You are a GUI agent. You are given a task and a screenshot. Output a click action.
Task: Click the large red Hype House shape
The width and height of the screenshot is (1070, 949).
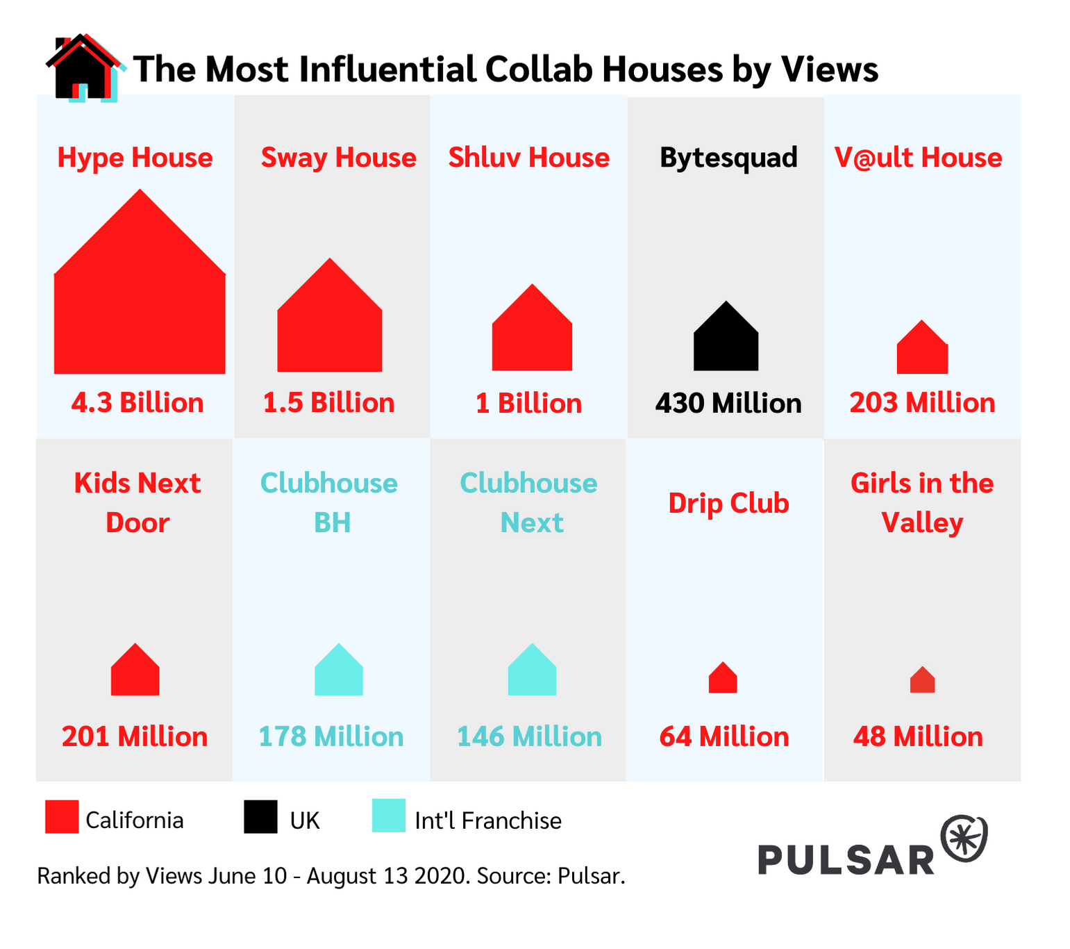(x=140, y=296)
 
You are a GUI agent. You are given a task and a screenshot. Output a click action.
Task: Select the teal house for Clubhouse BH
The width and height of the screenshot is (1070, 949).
(x=339, y=672)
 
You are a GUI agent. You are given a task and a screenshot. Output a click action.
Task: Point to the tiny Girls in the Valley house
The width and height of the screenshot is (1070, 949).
(x=922, y=681)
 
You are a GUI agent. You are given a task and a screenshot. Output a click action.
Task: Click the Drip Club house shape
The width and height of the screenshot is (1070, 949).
(x=723, y=679)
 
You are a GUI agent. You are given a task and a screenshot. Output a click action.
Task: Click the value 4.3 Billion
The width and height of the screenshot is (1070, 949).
(x=137, y=403)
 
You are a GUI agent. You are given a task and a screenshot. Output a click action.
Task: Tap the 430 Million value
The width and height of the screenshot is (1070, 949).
(x=728, y=403)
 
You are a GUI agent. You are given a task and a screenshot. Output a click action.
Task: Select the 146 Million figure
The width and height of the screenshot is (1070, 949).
(x=529, y=736)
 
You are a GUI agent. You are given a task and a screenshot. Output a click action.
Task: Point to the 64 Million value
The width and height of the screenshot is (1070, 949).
(x=724, y=736)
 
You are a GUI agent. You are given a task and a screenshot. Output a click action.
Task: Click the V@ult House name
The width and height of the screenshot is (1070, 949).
(x=918, y=158)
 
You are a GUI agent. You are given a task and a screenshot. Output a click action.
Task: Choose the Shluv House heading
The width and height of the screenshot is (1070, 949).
(x=528, y=158)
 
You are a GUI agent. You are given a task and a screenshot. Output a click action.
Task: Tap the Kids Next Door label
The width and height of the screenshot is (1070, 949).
(x=137, y=502)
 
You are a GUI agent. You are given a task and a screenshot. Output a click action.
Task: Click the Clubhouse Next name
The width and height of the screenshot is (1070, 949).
(x=528, y=502)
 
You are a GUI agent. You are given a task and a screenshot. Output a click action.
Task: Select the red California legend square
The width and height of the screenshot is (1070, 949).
(x=62, y=816)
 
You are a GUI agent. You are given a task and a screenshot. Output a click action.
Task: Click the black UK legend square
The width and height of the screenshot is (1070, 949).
(x=260, y=816)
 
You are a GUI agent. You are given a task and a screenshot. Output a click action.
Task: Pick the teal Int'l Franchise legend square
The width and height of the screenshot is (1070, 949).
(x=389, y=816)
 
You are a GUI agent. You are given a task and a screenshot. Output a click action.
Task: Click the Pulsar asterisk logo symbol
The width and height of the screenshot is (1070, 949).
(x=964, y=839)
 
